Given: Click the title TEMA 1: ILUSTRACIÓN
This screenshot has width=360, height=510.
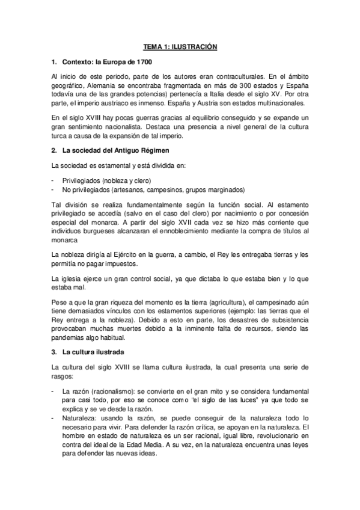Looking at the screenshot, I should (179, 46).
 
